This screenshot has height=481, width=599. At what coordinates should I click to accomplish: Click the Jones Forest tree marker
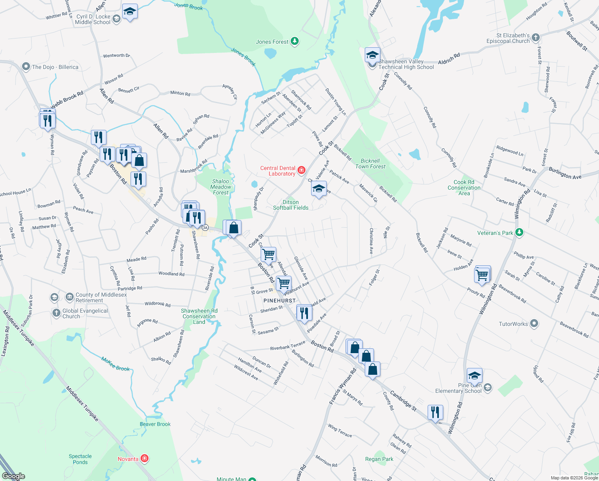(295, 41)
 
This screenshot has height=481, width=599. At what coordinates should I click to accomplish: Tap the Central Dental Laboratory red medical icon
(302, 170)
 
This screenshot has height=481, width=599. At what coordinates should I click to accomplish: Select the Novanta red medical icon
(145, 459)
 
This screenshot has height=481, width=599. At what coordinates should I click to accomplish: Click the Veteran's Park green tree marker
(519, 232)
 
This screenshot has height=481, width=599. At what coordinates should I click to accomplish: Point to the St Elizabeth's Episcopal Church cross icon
(536, 38)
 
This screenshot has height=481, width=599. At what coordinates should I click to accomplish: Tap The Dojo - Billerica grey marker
(26, 67)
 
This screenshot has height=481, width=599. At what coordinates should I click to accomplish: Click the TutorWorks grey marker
(534, 323)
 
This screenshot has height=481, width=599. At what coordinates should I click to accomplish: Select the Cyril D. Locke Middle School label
(92, 19)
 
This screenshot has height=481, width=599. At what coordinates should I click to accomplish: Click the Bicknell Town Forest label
(370, 164)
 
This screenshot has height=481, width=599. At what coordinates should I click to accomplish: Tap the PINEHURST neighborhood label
(279, 301)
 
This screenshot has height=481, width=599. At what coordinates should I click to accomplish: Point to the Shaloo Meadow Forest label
(221, 187)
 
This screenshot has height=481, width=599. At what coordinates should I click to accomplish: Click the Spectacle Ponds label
(80, 459)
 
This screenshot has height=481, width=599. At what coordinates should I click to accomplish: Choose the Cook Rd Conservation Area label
(464, 188)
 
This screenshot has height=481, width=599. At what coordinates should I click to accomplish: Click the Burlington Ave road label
(565, 174)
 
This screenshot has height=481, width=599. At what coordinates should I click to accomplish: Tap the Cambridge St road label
(403, 401)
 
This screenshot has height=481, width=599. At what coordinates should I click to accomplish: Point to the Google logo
(13, 476)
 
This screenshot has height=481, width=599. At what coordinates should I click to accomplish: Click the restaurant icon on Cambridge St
(435, 412)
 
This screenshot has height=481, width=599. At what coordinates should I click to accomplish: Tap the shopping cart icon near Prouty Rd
(482, 275)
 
